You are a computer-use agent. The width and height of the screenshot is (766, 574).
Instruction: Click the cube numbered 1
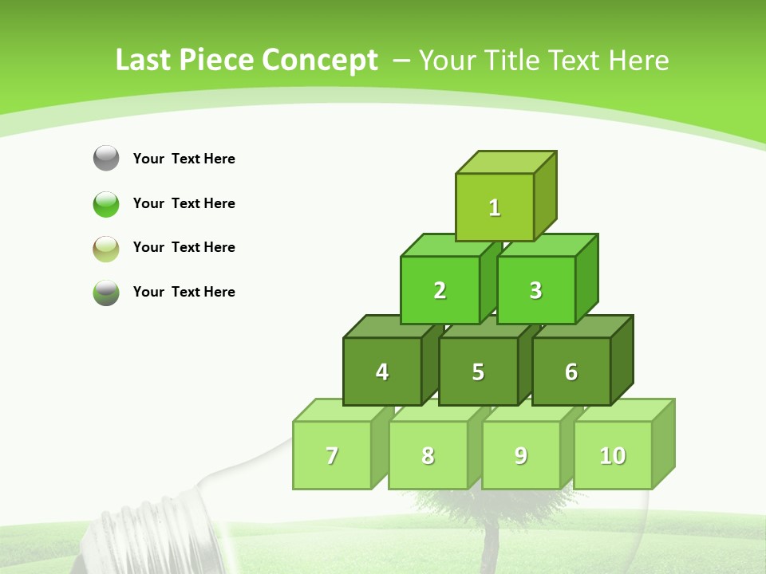coord(495,207)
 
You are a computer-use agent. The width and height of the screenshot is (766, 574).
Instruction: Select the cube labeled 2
coord(440,290)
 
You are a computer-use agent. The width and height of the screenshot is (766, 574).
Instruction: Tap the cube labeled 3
coord(535,290)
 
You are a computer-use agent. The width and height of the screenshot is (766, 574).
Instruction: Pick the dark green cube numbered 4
coord(382,372)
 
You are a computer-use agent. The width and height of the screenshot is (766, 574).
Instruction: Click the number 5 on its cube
coord(478,372)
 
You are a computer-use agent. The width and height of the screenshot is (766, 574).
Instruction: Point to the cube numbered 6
coord(571,372)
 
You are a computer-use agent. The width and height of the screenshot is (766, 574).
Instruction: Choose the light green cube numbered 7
coord(332,455)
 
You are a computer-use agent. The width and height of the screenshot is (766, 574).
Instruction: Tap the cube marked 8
coord(428,455)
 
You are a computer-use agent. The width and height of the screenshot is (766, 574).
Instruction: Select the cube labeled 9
coord(520,455)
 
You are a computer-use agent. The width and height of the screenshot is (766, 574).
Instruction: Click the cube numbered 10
coord(612,455)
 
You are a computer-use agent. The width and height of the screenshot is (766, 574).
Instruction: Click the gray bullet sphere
coord(106,158)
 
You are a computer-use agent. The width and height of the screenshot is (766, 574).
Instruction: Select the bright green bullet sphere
coord(106,203)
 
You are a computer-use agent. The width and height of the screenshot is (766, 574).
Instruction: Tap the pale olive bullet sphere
coord(106,248)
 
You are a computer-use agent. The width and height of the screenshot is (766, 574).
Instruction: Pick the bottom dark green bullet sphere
coord(106,292)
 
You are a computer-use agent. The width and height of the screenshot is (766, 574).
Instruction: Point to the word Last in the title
coord(144,61)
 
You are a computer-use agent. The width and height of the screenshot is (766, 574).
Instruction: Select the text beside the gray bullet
coord(184,159)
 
